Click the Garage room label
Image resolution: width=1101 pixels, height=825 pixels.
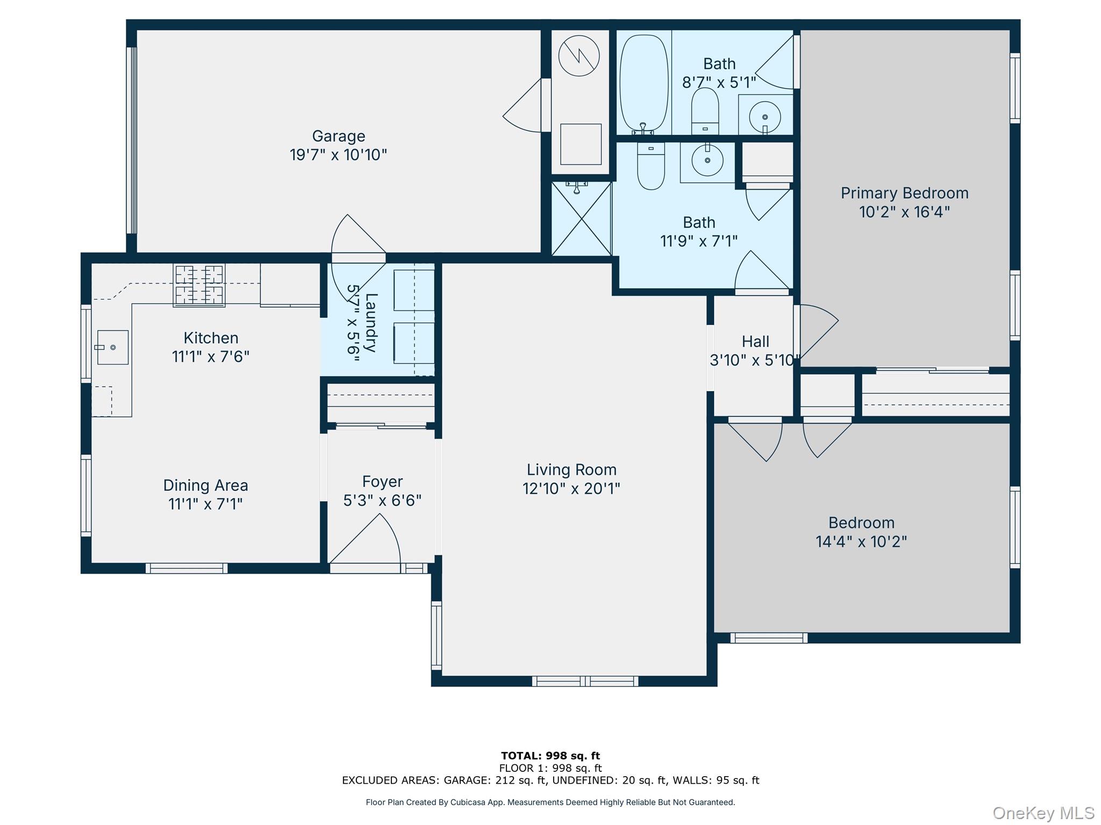[338, 136]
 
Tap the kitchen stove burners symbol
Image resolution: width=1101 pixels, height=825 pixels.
[198, 285]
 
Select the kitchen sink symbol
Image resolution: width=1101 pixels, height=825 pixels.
[112, 348]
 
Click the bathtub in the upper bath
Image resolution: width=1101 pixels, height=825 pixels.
[644, 83]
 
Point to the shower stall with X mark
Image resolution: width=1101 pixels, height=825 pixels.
[582, 219]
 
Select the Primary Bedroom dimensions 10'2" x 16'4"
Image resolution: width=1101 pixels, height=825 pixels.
[904, 212]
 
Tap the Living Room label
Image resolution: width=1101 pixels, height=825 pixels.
[571, 470]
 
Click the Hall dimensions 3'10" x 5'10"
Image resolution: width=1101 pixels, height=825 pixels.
[754, 360]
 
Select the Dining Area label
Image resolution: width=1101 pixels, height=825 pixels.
[205, 486]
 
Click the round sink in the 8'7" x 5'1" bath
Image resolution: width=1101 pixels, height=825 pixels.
[764, 117]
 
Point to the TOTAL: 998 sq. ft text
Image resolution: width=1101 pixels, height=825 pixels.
[550, 756]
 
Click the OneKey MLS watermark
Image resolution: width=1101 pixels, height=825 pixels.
[1043, 813]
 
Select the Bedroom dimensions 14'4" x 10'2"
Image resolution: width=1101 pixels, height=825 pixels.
[861, 541]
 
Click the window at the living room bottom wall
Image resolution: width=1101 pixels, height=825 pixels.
[585, 681]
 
